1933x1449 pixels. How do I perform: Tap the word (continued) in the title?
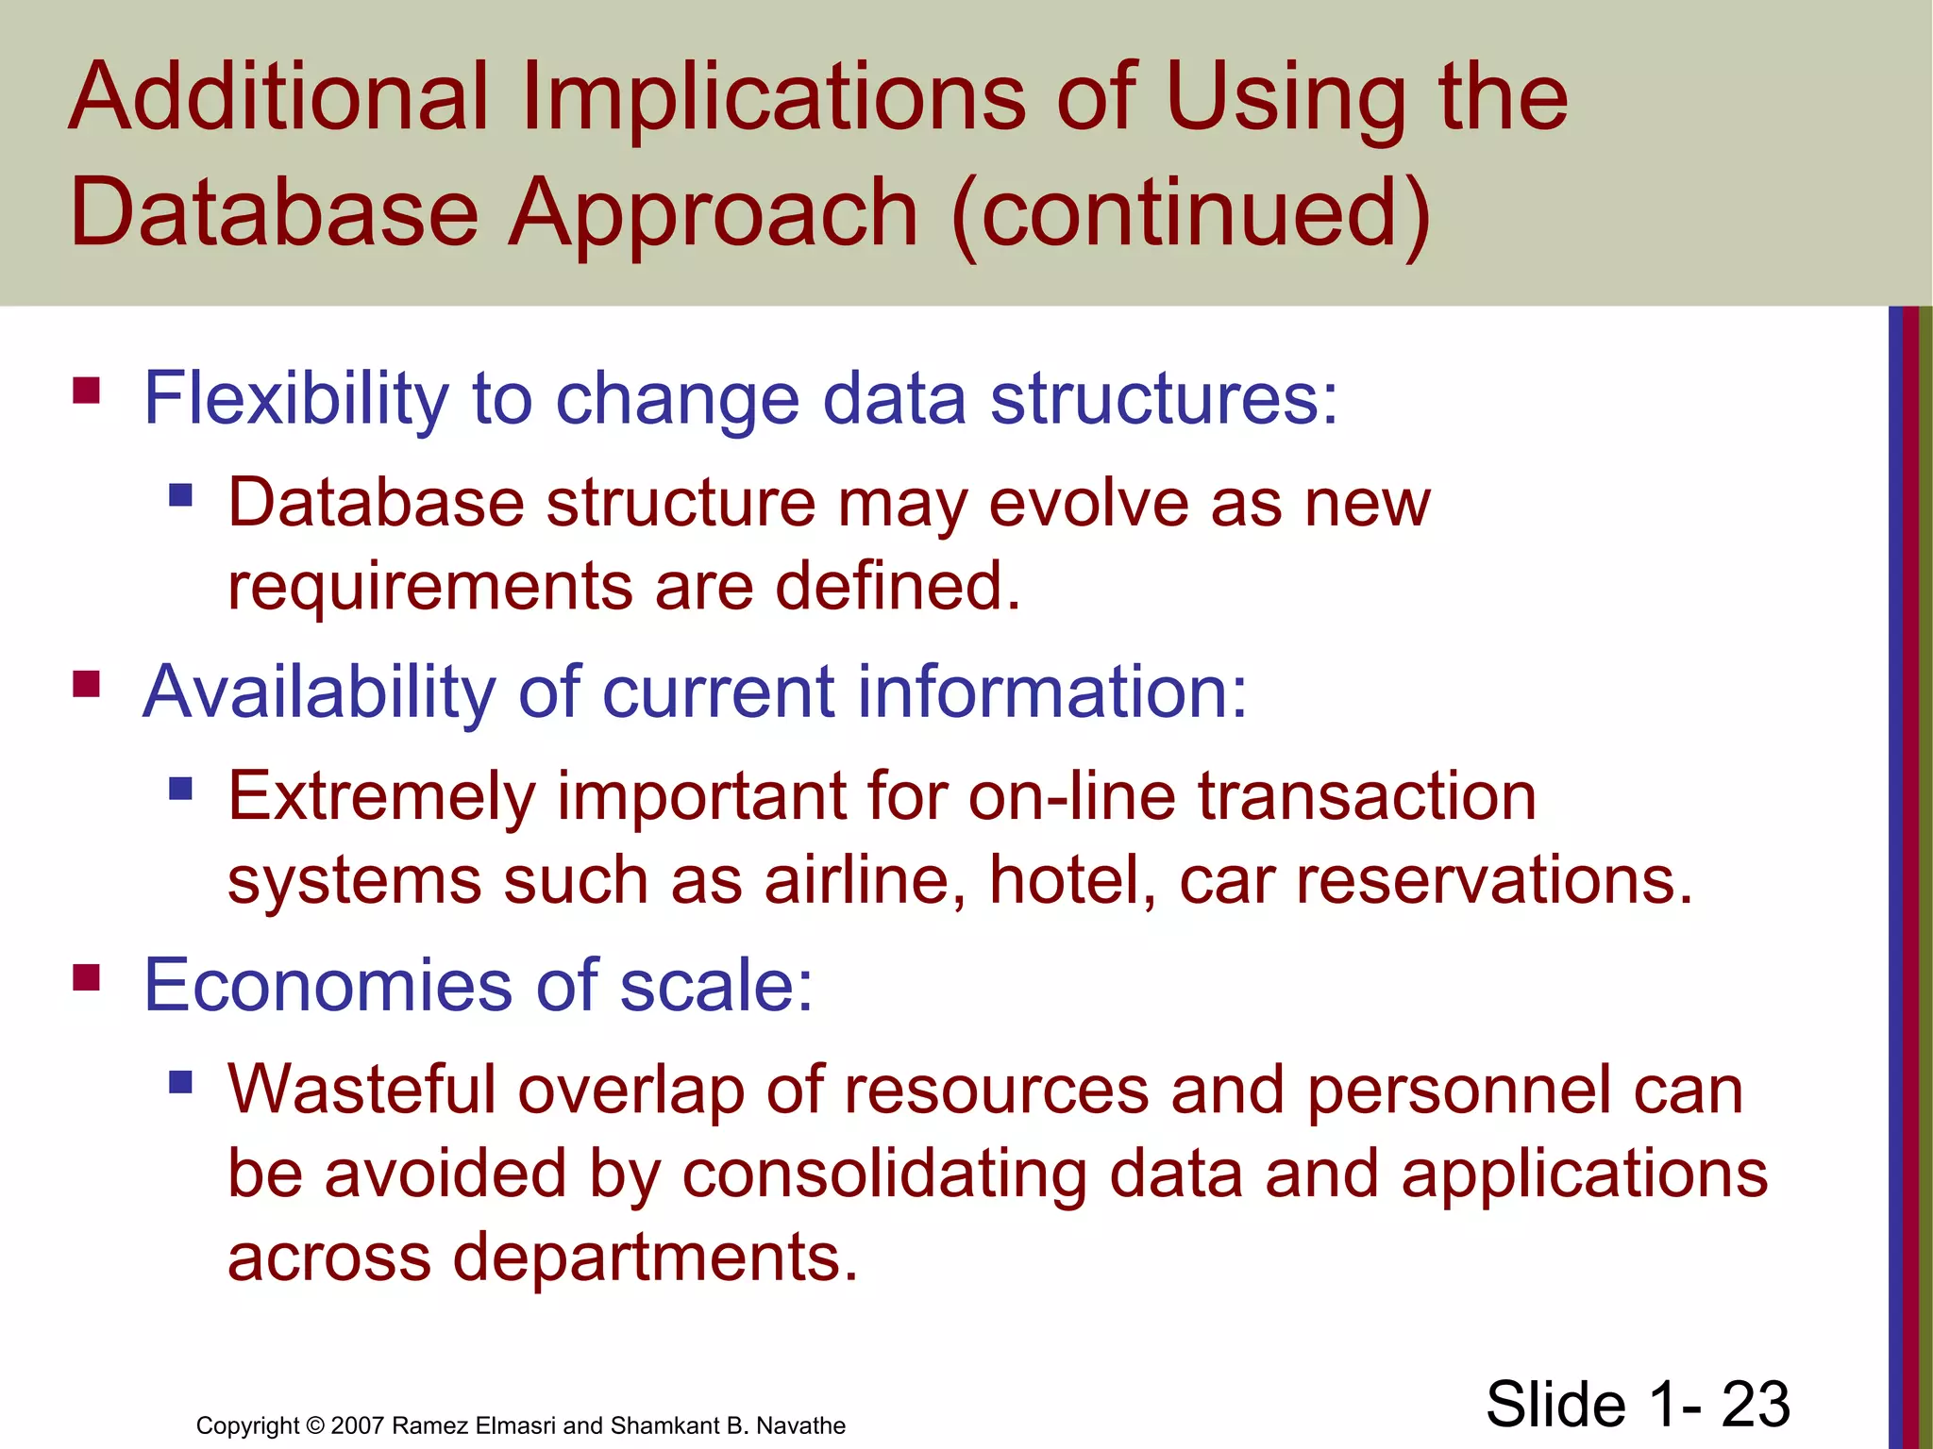[1192, 213]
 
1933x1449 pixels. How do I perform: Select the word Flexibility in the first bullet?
[295, 400]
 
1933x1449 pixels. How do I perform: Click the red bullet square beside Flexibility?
[86, 391]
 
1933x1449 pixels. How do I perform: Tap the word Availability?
[318, 693]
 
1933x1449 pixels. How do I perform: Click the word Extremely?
[381, 798]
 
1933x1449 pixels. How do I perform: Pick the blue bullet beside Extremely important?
[180, 788]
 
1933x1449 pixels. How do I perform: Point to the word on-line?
[1071, 797]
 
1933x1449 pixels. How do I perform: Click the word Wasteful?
[361, 1091]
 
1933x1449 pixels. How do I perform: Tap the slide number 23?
[1755, 1405]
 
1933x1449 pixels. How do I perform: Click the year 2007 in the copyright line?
[357, 1425]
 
